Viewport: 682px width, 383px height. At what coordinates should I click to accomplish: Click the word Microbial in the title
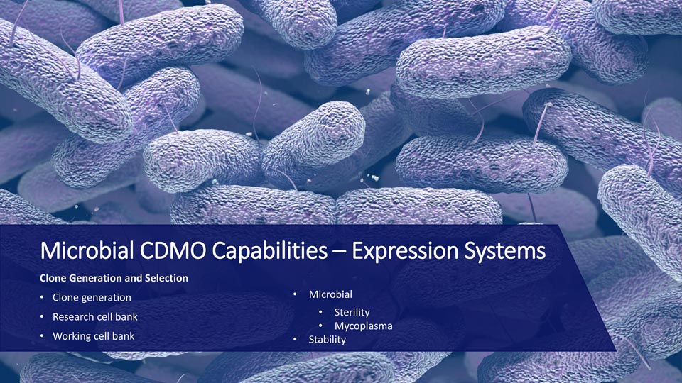pyautogui.click(x=87, y=250)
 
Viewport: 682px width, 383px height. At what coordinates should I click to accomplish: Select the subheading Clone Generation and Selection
pyautogui.click(x=114, y=278)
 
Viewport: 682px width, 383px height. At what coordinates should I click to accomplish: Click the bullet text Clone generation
pyautogui.click(x=92, y=297)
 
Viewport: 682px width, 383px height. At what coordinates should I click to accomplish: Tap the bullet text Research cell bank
pyautogui.click(x=94, y=316)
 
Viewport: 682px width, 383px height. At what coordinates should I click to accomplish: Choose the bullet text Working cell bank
pyautogui.click(x=94, y=336)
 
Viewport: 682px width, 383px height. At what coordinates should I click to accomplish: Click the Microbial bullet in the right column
pyautogui.click(x=330, y=294)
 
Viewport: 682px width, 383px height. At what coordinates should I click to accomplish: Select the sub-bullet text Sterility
pyautogui.click(x=352, y=312)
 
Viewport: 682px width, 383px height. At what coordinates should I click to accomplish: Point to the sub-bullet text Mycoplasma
pyautogui.click(x=363, y=326)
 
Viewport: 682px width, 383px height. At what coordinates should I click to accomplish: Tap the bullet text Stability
pyautogui.click(x=327, y=340)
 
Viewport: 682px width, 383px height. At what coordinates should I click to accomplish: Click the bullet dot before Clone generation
pyautogui.click(x=42, y=297)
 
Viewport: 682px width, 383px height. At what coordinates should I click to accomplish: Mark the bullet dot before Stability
pyautogui.click(x=295, y=339)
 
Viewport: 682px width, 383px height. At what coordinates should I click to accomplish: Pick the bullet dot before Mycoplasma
pyautogui.click(x=320, y=326)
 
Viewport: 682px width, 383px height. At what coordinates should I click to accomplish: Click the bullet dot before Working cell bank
pyautogui.click(x=42, y=335)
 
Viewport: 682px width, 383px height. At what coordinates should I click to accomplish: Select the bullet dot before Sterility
pyautogui.click(x=320, y=312)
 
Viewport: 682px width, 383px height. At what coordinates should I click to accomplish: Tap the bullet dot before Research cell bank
pyautogui.click(x=42, y=316)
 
